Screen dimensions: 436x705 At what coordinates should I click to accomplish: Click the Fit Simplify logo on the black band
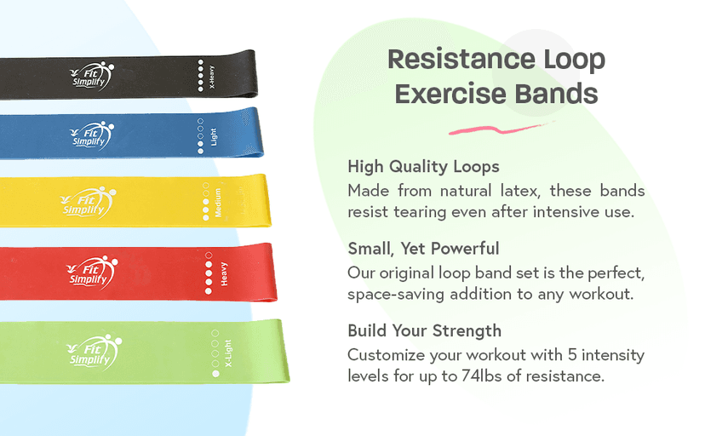point(91,74)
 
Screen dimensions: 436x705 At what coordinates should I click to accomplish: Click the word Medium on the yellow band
point(219,202)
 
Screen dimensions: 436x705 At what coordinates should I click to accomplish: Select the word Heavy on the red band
point(224,273)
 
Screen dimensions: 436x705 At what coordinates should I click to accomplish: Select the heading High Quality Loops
point(423,166)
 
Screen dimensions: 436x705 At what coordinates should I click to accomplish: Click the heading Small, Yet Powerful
point(423,249)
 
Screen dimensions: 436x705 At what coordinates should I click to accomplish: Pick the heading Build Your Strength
point(424,330)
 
